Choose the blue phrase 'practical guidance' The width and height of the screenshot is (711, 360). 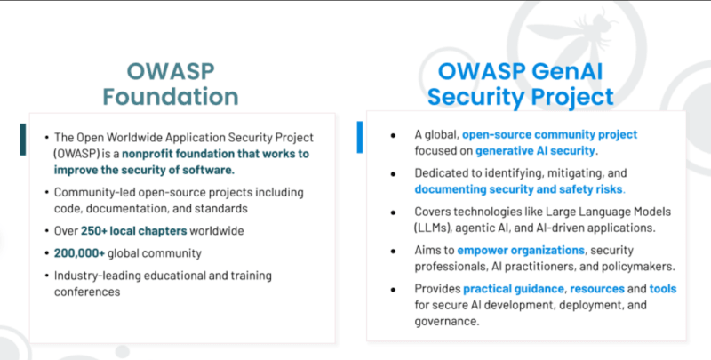[x=513, y=289]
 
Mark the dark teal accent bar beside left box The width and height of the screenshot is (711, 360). [x=22, y=140]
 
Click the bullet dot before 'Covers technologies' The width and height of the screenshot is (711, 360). [x=392, y=212]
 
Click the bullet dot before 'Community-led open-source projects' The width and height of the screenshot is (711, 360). [x=46, y=193]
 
